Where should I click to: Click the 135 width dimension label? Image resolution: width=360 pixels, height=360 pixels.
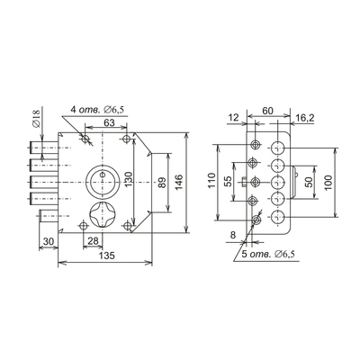point(107,256)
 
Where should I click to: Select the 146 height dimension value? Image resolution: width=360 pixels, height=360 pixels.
point(178,183)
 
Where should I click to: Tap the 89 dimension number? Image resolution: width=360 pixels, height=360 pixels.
point(162,183)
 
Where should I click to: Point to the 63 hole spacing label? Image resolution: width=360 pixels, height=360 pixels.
point(109,122)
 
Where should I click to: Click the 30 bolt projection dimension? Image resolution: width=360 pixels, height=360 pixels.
point(49,241)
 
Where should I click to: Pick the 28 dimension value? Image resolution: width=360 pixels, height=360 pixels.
point(93,241)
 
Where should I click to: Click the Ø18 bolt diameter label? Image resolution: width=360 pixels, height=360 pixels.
point(36,119)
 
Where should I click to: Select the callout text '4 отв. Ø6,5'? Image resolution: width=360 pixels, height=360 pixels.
point(97,110)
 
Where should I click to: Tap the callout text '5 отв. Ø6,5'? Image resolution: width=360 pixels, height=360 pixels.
point(268,255)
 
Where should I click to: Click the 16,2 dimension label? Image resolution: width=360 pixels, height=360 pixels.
point(304,118)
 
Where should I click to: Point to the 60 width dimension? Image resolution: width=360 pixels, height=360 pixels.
point(267,111)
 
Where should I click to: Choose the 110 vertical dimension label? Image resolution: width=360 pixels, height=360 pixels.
point(211,181)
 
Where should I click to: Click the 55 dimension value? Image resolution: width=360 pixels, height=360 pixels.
point(228,182)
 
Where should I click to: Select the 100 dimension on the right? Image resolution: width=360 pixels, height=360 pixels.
point(328,182)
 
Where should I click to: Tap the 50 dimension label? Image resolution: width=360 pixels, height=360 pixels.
point(310,182)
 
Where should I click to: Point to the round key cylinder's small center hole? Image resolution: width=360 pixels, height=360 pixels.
point(103,175)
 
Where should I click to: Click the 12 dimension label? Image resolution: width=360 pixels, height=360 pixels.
point(233,117)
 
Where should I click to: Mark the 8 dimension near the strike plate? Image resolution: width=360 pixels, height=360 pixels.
point(233,235)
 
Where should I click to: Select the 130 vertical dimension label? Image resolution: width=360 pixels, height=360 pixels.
point(129,180)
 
